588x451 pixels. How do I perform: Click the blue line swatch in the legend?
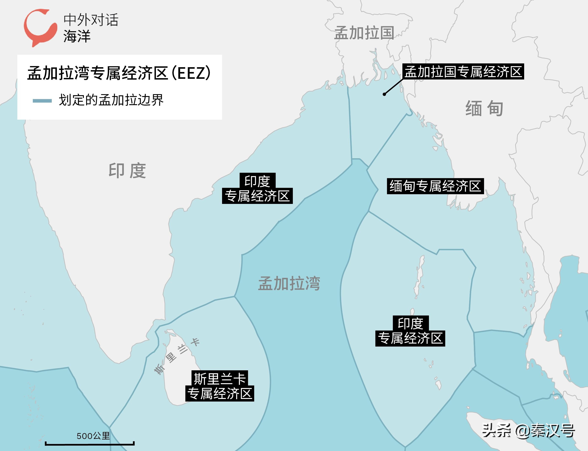[42, 101]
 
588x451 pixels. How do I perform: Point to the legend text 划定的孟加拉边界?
[111, 100]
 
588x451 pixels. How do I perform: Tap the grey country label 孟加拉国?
[364, 33]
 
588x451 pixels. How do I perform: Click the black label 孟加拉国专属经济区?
[463, 72]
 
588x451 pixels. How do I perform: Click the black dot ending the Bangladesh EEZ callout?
[384, 94]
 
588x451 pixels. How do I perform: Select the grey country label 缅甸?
[484, 108]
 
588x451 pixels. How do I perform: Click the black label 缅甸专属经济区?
[435, 186]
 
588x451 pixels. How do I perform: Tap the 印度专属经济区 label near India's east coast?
[257, 189]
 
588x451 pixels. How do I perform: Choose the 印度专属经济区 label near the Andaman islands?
[410, 331]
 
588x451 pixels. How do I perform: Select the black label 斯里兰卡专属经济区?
[220, 386]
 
